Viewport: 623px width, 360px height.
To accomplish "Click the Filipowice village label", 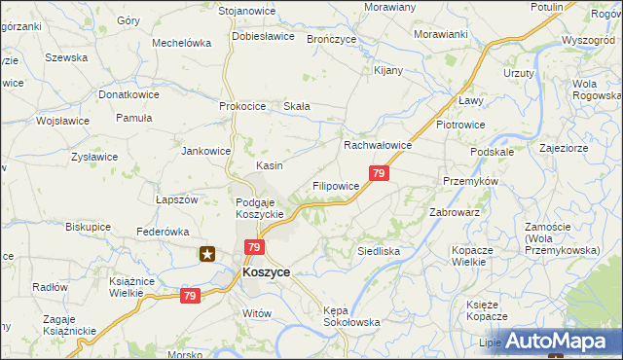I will [x=336, y=185].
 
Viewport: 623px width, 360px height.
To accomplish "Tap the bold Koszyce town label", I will [x=265, y=273].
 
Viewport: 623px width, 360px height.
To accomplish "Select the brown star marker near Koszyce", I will [x=207, y=255].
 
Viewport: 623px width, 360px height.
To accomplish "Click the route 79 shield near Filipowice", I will [x=380, y=174].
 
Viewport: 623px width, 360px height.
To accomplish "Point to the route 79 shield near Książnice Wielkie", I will [x=190, y=296].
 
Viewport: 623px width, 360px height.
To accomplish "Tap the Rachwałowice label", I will [x=378, y=145].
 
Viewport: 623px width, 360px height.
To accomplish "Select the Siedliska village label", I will [x=379, y=251].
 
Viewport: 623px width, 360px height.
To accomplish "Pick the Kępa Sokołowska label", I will [x=350, y=315].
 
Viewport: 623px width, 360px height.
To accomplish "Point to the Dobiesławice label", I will [x=263, y=37].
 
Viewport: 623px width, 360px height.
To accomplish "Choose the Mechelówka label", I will [x=182, y=43].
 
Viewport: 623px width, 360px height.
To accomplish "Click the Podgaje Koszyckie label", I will [x=260, y=208].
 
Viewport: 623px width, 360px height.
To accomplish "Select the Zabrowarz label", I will [x=455, y=212].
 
